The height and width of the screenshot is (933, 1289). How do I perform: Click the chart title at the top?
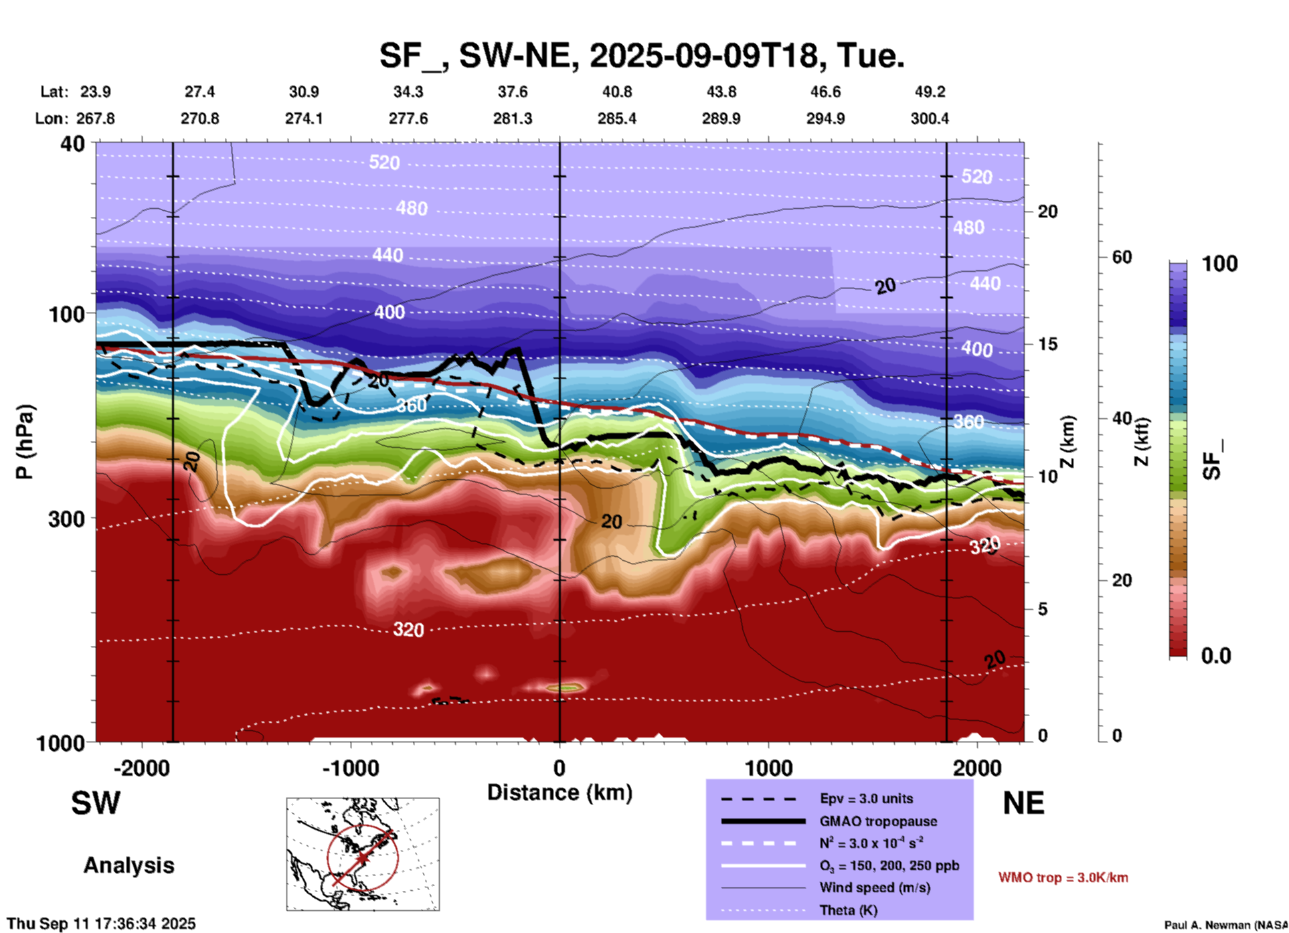pos(641,55)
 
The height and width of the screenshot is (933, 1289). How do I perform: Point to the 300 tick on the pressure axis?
pos(67,519)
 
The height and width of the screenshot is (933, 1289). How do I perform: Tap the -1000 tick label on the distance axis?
pos(351,768)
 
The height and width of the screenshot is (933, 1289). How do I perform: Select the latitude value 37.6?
pos(513,92)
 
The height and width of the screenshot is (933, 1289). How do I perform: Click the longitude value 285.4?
pos(616,118)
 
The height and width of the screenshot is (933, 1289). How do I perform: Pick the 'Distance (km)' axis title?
pos(560,792)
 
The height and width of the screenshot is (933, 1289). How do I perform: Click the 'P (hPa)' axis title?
pos(25,442)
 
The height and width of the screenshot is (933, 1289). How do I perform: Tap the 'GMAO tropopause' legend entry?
pos(878,821)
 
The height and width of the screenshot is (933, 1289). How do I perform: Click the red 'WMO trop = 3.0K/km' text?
pos(1063,877)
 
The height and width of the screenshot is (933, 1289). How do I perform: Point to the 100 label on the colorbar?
pos(1219,264)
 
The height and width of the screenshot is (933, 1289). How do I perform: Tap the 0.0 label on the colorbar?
pos(1215,656)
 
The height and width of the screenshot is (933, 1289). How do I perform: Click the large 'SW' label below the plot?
pos(96,803)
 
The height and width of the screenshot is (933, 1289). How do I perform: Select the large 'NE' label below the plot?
pos(1023,803)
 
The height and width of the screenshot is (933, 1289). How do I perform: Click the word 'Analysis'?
pos(128,865)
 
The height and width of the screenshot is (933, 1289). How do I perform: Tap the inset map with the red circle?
pos(363,854)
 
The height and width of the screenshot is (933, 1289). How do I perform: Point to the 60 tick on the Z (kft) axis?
pos(1122,257)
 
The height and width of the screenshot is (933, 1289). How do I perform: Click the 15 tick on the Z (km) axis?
pos(1047,344)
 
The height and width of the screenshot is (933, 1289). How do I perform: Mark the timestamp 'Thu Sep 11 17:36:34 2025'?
pos(102,924)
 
